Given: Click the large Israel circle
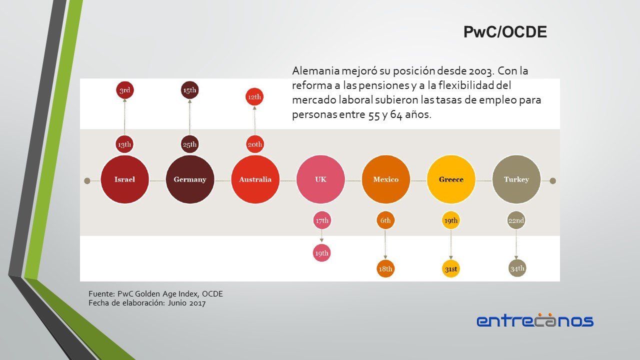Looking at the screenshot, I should (124, 179).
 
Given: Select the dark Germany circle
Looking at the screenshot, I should (190, 179).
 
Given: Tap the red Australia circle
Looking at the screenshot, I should (255, 179).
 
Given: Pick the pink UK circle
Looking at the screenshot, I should (320, 179).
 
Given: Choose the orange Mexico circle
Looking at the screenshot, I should (385, 179).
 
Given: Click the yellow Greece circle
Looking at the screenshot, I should (451, 179).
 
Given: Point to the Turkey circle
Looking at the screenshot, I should (516, 179).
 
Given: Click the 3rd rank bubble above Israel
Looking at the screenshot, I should (124, 90).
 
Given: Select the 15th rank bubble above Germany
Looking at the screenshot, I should (190, 90).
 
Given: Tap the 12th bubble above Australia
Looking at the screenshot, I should (254, 97).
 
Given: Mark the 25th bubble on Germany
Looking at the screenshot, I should (190, 144).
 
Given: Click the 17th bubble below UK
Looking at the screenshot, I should (321, 220).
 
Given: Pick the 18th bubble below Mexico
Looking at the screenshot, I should (385, 269).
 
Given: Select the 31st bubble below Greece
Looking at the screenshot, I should (450, 269).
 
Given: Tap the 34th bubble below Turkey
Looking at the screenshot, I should (517, 268).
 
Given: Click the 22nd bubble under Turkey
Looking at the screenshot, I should (516, 220).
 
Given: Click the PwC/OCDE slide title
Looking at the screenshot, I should (505, 32).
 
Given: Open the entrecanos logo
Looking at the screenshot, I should (535, 320).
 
